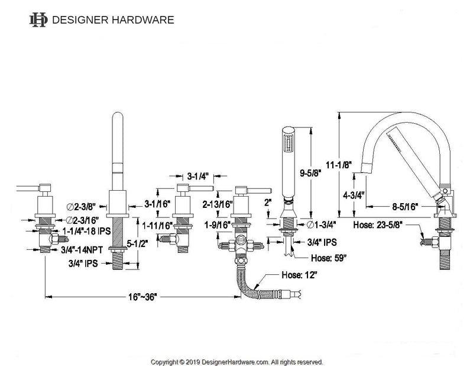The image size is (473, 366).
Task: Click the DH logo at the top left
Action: point(38,20)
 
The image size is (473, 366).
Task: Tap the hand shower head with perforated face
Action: point(289,142)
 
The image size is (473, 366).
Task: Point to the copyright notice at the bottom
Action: point(237,361)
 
